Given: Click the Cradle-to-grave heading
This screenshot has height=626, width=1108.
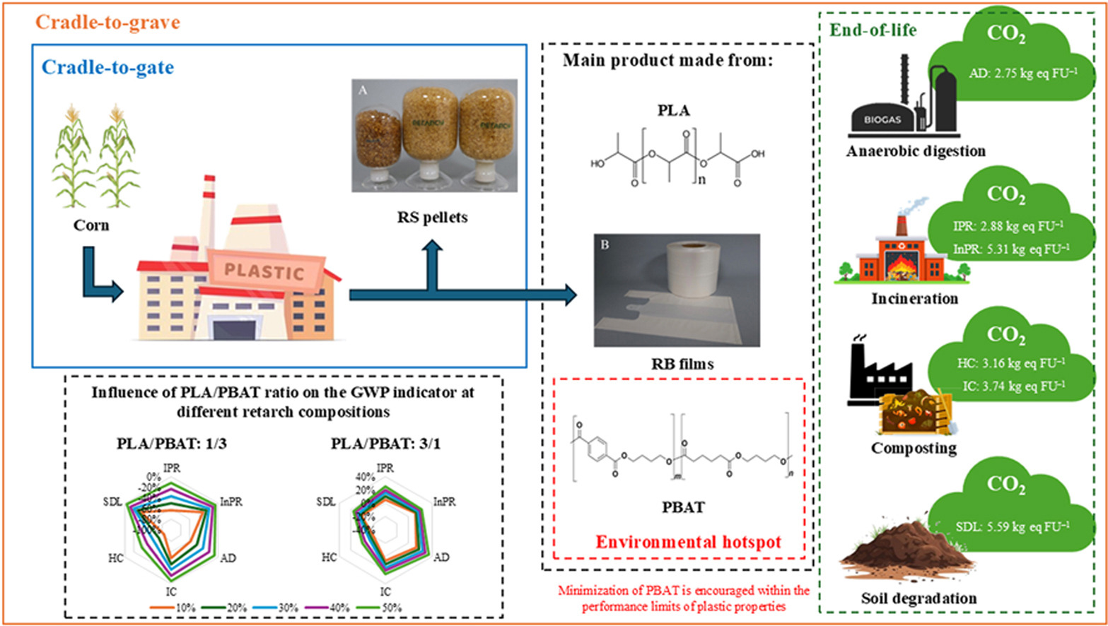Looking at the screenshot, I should (107, 23).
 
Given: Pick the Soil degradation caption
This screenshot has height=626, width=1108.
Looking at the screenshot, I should (909, 598).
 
